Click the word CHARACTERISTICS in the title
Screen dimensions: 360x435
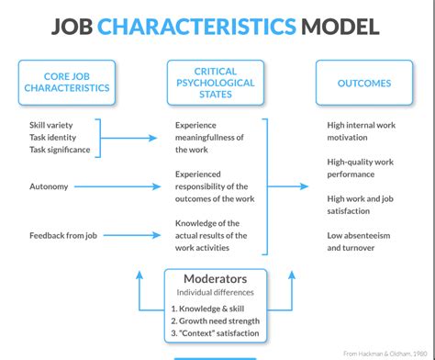tap(209, 24)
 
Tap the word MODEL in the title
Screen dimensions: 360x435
tap(339, 24)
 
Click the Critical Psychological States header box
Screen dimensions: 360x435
tap(216, 82)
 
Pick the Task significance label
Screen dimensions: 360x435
tap(61, 150)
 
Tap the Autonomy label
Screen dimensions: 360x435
tap(49, 186)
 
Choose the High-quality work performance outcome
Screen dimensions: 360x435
tap(364, 167)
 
